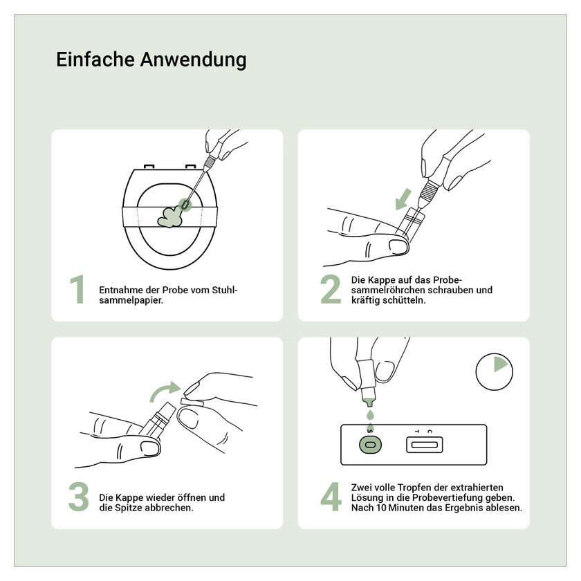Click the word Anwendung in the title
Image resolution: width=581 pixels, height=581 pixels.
pyautogui.click(x=193, y=60)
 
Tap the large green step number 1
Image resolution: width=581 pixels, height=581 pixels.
pyautogui.click(x=77, y=289)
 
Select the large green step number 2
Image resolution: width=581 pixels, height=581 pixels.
pyautogui.click(x=331, y=289)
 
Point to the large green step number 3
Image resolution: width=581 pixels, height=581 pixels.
pyautogui.click(x=79, y=497)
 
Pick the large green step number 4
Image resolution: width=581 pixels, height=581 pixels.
pyautogui.click(x=331, y=497)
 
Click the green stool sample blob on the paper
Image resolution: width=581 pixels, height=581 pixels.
pyautogui.click(x=170, y=217)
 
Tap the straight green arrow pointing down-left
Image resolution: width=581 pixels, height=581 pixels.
pyautogui.click(x=403, y=199)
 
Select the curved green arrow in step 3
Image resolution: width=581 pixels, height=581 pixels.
pyautogui.click(x=164, y=392)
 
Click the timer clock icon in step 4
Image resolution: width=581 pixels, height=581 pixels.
pyautogui.click(x=495, y=371)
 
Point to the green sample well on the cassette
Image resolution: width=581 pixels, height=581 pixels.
pyautogui.click(x=370, y=444)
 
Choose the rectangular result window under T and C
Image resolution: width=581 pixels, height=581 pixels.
pyautogui.click(x=424, y=445)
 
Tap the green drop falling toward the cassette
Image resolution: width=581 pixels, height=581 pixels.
pyautogui.click(x=370, y=414)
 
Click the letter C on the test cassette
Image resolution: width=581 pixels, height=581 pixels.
pyautogui.click(x=429, y=432)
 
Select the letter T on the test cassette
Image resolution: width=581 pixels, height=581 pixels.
pyautogui.click(x=417, y=432)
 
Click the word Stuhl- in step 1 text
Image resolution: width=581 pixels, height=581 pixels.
pyautogui.click(x=225, y=290)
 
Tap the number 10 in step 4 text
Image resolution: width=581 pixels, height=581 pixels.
pyautogui.click(x=381, y=508)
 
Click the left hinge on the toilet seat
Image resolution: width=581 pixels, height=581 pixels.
pyautogui.click(x=149, y=167)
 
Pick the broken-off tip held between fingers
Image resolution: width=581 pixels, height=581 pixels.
pyautogui.click(x=192, y=403)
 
